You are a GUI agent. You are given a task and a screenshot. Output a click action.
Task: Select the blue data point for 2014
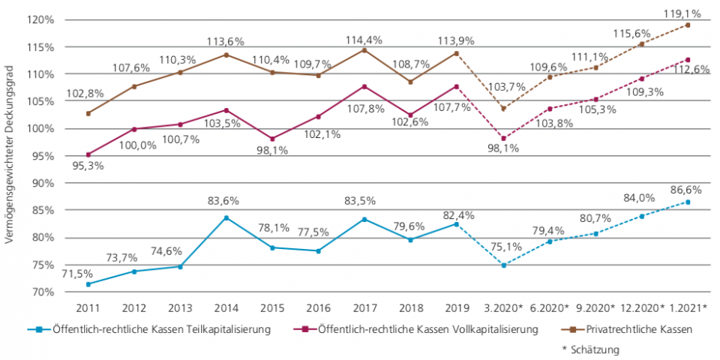(226, 217)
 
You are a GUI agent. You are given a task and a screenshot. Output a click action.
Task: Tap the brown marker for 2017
(364, 50)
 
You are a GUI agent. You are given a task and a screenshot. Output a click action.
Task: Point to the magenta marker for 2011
(88, 154)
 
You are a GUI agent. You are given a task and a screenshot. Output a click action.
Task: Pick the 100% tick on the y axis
(41, 129)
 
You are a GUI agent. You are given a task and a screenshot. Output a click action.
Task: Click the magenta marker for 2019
(457, 86)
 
